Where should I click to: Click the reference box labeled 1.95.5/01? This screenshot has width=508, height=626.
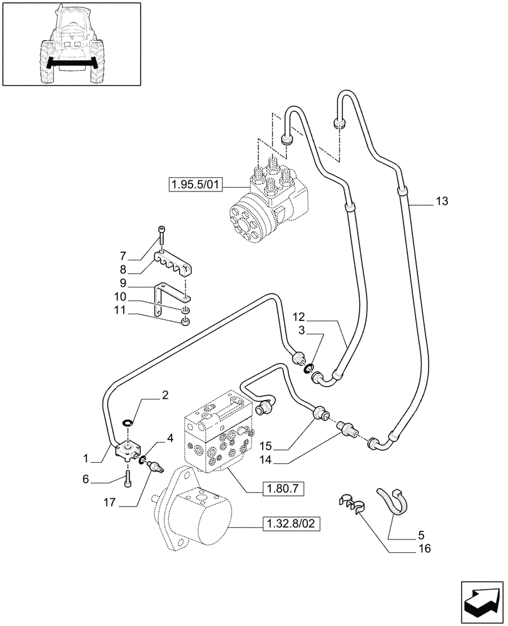point(195,185)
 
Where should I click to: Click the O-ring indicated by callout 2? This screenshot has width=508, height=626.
point(127,424)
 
